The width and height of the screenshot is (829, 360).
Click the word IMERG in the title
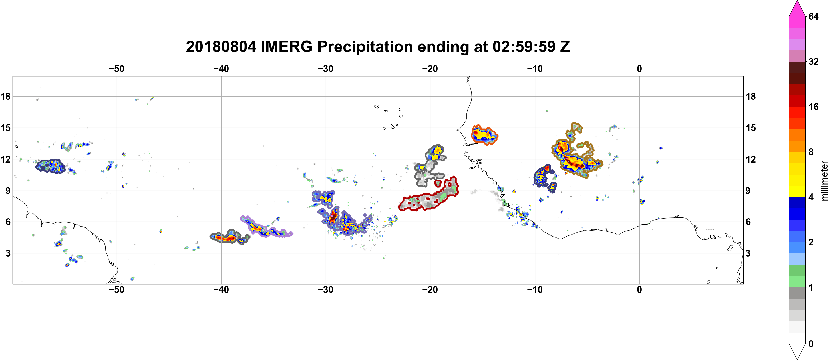point(286,47)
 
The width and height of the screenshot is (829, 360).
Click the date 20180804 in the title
point(221,47)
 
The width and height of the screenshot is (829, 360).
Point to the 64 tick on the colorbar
point(813,16)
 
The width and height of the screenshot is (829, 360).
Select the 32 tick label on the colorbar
point(813,61)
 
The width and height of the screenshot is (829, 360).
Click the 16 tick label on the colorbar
point(813,107)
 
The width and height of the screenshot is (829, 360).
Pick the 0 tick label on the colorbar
point(811,344)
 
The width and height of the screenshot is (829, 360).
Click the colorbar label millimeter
point(824,181)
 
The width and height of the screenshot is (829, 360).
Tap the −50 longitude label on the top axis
point(116,69)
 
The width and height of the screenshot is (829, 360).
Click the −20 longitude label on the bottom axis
point(430,289)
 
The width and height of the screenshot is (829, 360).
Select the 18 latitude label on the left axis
point(5,96)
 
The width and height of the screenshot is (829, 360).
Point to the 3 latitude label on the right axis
point(748,253)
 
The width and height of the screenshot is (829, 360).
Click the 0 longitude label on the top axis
point(639,69)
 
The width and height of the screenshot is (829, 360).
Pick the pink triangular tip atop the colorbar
point(797,8)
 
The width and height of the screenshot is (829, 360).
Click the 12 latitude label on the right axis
point(751,159)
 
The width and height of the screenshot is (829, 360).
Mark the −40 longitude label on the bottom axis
point(221,289)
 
